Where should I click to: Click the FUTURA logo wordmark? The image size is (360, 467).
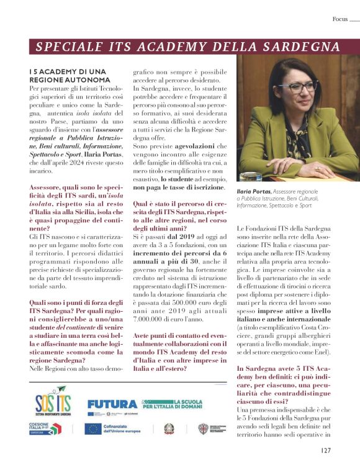coord(112,403)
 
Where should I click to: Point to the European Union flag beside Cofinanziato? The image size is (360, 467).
coord(93,429)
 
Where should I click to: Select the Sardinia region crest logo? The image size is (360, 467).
coord(202,429)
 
